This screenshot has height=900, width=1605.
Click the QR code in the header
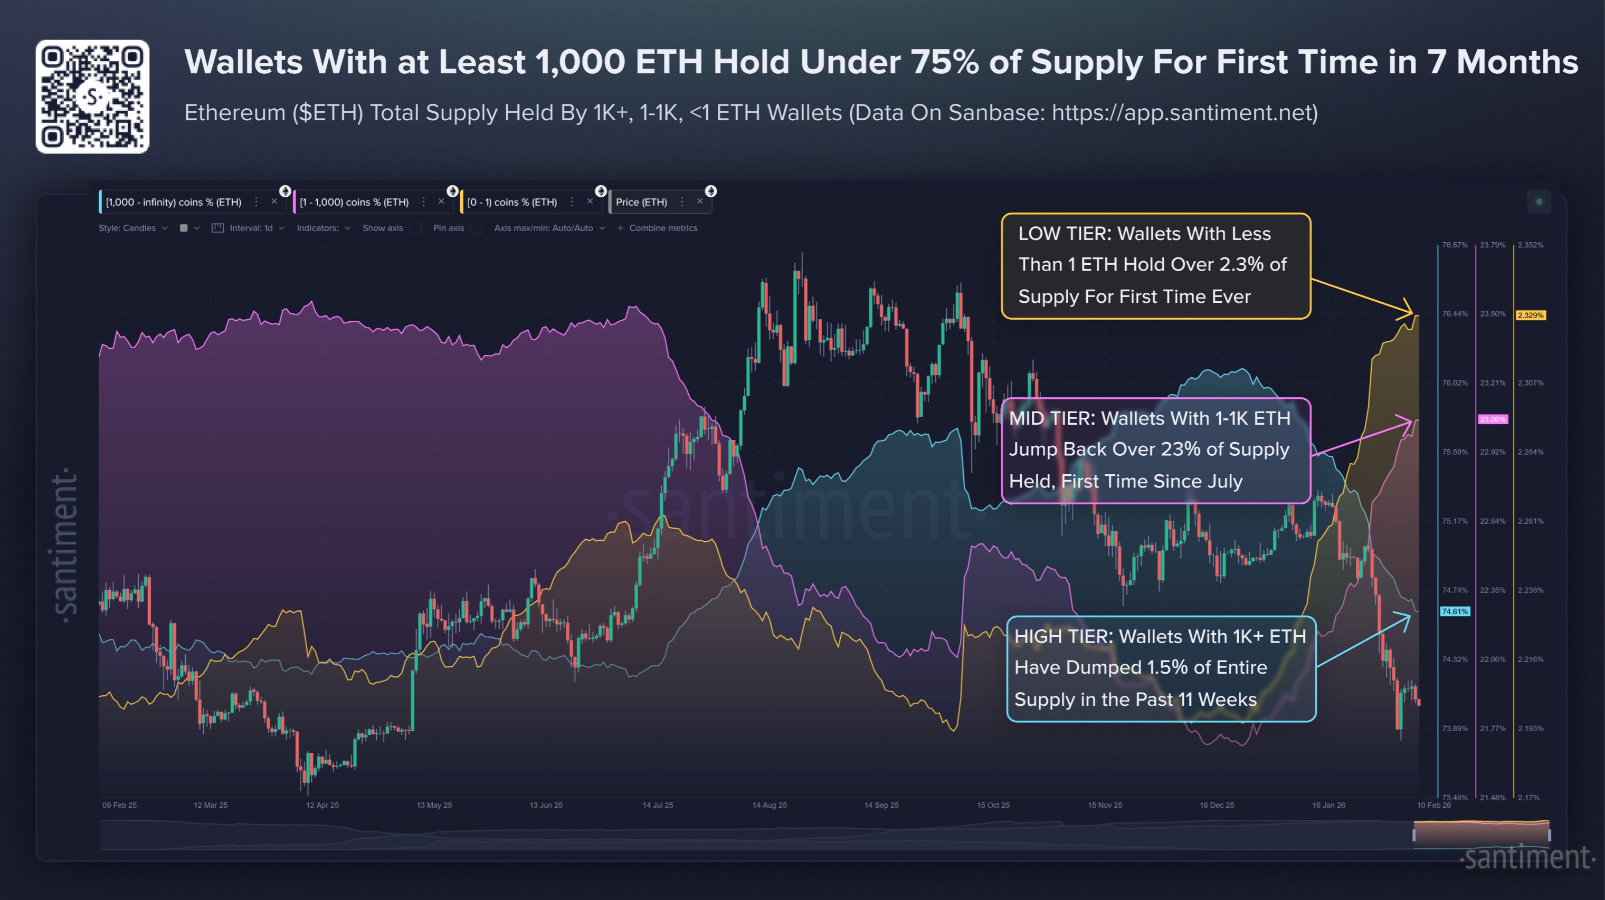92,97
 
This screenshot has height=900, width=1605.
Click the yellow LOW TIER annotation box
1155,266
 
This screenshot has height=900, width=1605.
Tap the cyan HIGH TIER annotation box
1161,668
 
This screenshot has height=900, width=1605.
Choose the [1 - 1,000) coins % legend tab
354,203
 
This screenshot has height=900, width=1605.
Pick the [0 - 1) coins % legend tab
511,203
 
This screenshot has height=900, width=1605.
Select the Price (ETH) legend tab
641,203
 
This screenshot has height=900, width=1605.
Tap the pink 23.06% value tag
1492,420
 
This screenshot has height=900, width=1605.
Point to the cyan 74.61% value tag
1454,611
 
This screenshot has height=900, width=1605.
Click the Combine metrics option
662,228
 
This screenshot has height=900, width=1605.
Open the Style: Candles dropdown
132,228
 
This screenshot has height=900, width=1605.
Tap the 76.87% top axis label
1454,245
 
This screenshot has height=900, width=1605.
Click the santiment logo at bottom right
1527,858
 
